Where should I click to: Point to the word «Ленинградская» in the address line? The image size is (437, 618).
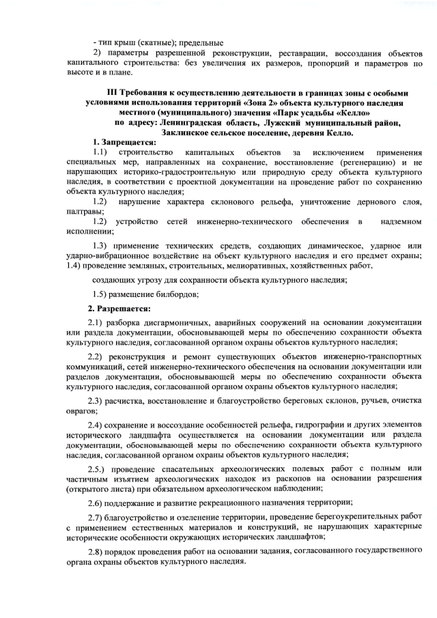pyautogui.click(x=186, y=122)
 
